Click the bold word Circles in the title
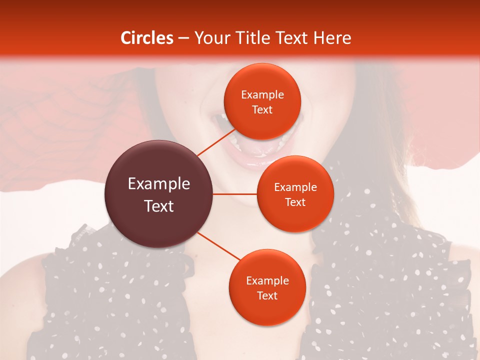point(147,38)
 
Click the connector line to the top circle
point(216,141)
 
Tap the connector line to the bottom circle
point(219,246)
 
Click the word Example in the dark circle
point(159,184)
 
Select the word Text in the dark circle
point(159,206)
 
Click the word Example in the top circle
point(262,94)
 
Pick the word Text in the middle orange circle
point(295,202)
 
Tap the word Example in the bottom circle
point(267,280)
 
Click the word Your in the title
point(210,38)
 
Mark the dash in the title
point(183,38)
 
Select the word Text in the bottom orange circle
point(267,295)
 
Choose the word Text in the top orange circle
point(262,109)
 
